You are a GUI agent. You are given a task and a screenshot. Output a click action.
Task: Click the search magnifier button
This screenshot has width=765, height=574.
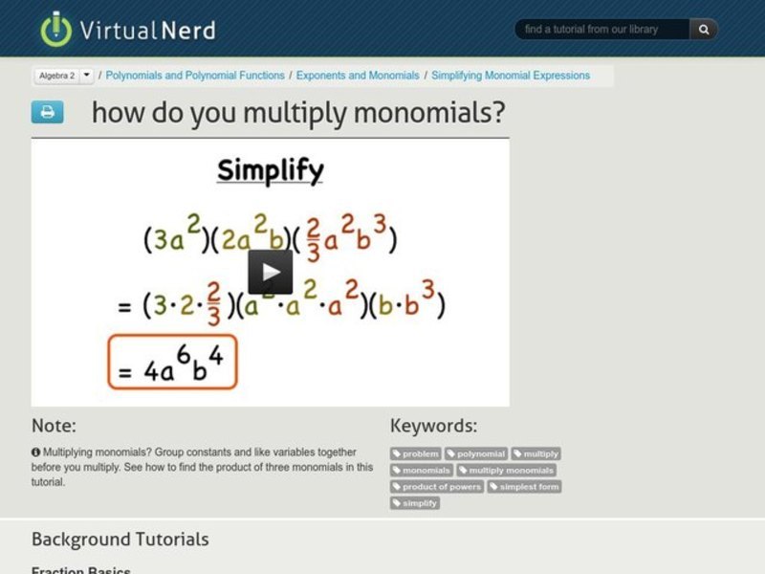click(704, 30)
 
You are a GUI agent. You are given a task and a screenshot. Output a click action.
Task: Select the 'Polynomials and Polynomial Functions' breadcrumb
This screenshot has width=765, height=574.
click(195, 75)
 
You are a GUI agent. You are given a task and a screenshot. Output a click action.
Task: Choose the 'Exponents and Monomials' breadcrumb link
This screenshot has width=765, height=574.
click(358, 75)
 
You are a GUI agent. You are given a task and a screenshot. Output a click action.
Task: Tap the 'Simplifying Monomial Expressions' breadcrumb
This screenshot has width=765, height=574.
click(511, 75)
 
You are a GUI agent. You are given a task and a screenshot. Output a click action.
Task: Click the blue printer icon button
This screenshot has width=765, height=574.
click(47, 112)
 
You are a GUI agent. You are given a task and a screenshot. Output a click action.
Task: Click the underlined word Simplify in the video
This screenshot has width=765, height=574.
click(270, 171)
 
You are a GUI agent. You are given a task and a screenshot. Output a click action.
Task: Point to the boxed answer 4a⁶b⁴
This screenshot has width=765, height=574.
click(172, 362)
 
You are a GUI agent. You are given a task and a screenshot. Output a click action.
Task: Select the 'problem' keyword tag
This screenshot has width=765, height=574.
click(416, 453)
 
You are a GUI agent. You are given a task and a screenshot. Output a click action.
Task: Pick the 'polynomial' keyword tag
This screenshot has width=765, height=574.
click(475, 453)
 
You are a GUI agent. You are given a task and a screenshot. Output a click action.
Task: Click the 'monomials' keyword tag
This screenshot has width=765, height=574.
click(422, 470)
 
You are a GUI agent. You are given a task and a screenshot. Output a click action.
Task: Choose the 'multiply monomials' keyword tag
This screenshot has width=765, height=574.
click(506, 470)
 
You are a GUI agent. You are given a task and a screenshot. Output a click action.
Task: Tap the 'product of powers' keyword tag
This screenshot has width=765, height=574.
click(437, 486)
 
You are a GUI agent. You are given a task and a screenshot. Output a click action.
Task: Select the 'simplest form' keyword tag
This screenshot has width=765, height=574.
click(524, 486)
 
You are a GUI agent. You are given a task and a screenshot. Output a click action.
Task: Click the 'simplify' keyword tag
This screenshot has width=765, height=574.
click(415, 502)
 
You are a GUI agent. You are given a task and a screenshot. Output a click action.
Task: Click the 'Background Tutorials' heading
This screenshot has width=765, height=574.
click(120, 539)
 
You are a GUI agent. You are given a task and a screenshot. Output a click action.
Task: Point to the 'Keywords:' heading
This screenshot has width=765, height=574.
click(433, 426)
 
